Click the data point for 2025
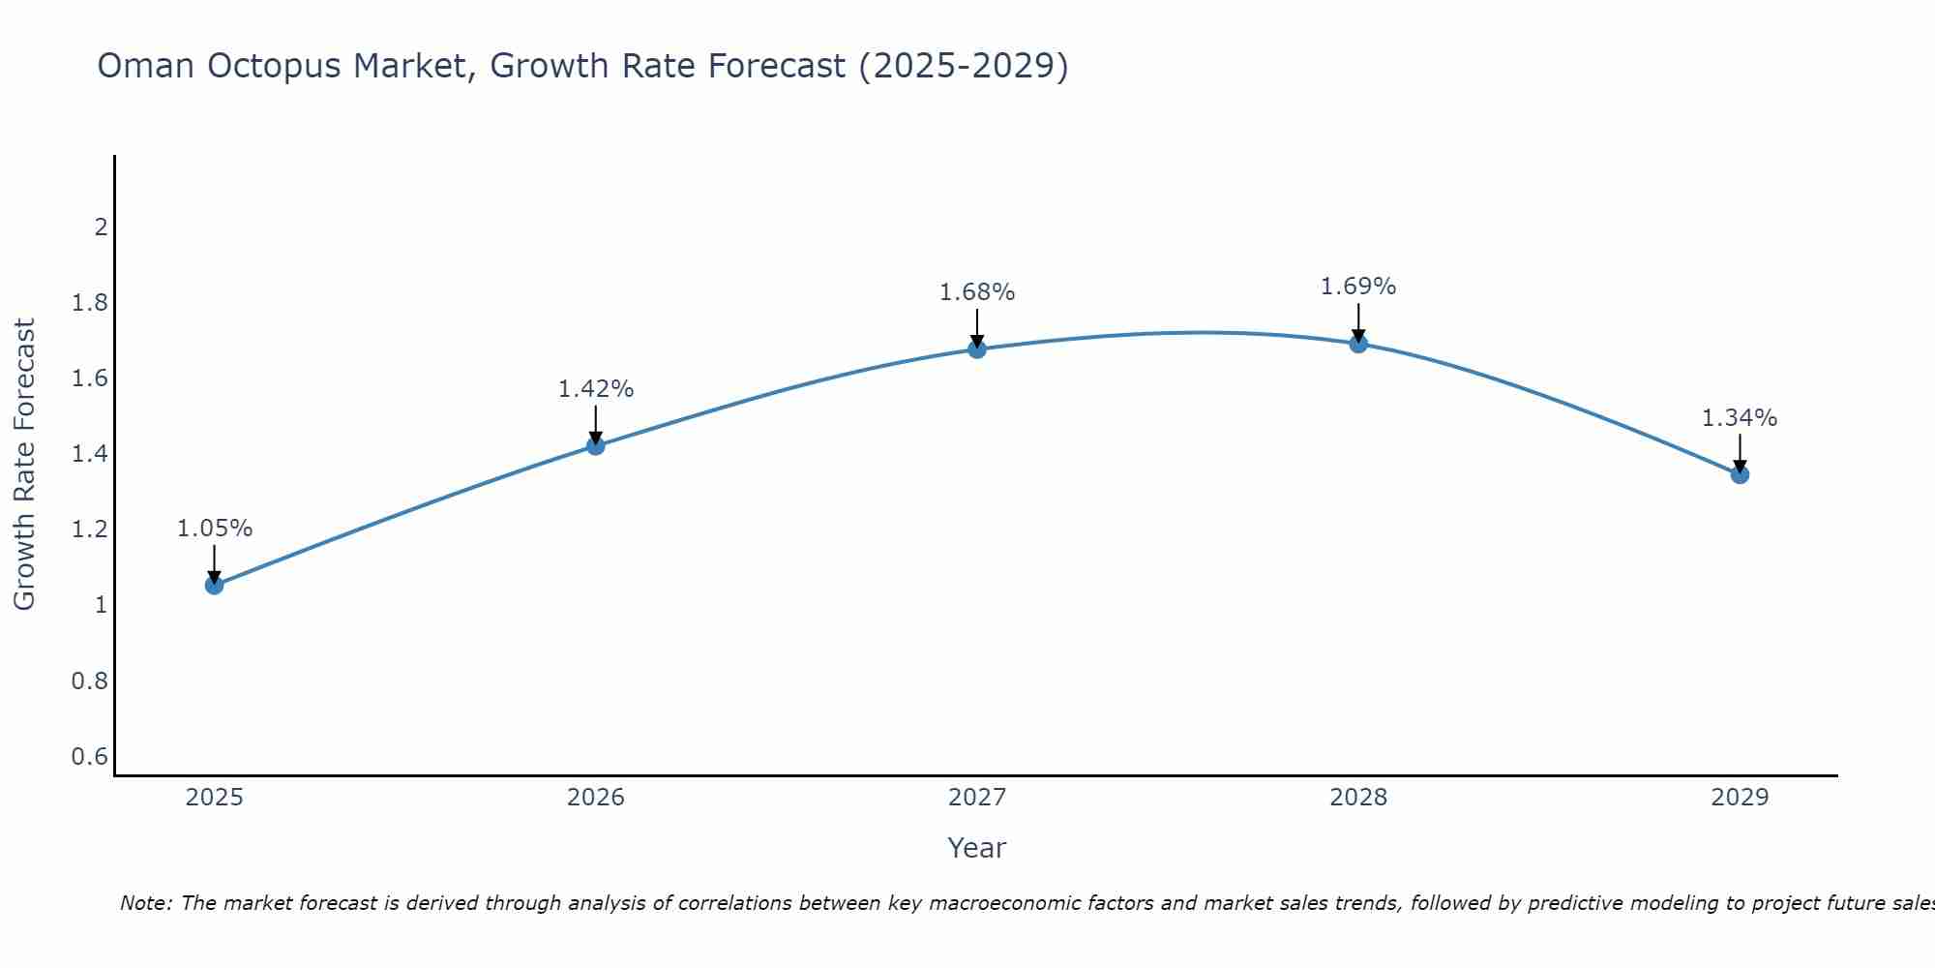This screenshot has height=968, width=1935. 215,585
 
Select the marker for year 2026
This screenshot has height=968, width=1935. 596,445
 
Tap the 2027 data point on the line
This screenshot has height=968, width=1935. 977,348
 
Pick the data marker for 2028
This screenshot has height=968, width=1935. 1358,344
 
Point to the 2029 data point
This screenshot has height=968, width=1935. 1740,474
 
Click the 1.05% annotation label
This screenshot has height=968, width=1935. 215,529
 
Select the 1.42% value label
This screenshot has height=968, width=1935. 596,389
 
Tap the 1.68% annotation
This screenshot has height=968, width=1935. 977,292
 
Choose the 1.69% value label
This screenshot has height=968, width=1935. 1358,287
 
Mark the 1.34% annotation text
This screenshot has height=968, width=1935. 1740,418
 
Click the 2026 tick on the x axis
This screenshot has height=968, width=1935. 596,798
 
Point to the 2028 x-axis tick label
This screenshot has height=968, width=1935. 1358,798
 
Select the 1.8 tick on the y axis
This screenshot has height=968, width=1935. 90,303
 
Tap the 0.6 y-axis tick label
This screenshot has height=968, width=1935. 90,756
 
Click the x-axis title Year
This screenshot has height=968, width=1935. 977,848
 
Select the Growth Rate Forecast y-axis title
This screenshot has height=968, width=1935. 24,465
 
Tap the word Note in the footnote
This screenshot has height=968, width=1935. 144,903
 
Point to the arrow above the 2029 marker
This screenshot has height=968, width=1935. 1740,453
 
